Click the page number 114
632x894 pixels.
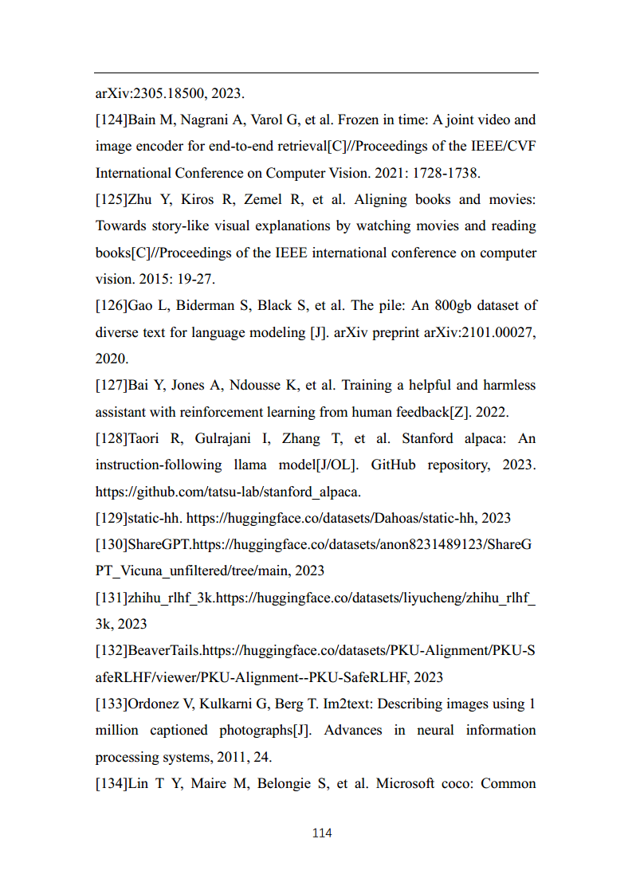click(322, 833)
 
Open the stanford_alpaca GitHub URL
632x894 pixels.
click(228, 492)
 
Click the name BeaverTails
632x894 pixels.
click(163, 651)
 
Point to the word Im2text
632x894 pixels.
click(367, 704)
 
